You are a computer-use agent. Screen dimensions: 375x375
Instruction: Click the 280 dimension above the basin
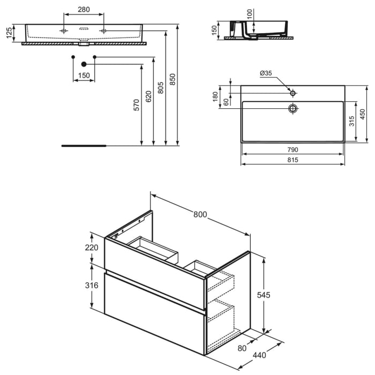coord(82,9)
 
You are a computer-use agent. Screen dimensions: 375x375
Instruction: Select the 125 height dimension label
coord(8,34)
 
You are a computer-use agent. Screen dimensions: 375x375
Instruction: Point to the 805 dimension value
coord(160,88)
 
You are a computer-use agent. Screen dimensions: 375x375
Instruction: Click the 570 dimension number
coord(136,104)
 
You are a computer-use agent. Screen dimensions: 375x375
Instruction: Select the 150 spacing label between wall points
coord(83,75)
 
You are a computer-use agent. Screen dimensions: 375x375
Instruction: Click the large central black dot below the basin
coord(84,64)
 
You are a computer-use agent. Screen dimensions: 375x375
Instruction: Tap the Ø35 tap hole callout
coord(266,73)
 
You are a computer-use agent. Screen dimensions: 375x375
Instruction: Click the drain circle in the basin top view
coord(292,108)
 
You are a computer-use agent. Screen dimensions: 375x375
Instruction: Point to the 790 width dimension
coord(292,149)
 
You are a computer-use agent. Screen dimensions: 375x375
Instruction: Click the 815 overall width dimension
coord(292,160)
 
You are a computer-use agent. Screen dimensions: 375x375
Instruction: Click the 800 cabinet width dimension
coord(200,215)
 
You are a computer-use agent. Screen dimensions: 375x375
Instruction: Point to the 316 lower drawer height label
coord(92,286)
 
